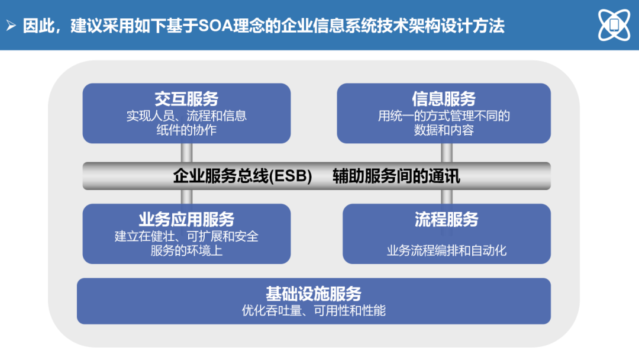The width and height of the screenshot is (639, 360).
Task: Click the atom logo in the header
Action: tap(614, 25)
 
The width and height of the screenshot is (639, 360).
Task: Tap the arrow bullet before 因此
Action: tap(11, 26)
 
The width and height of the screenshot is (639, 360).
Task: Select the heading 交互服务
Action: tap(186, 99)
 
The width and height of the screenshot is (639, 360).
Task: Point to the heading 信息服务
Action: tap(444, 99)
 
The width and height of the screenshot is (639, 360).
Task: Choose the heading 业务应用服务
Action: tap(186, 219)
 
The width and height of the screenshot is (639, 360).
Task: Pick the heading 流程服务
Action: tap(447, 219)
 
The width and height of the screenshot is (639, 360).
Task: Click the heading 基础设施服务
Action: tap(314, 294)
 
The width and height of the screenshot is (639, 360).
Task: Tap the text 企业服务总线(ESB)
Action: tap(243, 176)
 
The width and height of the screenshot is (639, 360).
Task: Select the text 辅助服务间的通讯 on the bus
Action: tap(396, 176)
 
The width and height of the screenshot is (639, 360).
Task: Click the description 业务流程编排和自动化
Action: tap(447, 250)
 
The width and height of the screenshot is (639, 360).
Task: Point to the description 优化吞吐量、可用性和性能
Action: tap(314, 311)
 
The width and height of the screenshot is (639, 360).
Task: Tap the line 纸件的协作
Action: tap(186, 130)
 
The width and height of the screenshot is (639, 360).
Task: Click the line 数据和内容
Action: tap(444, 130)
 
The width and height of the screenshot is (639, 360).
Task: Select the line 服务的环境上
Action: tap(186, 250)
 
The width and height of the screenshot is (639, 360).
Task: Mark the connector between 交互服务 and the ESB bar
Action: tap(186, 153)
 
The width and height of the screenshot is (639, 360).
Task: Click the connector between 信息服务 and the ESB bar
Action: tap(447, 153)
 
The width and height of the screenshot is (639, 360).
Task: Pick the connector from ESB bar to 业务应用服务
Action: tap(186, 197)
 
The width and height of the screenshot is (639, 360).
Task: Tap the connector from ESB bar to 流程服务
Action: tap(447, 197)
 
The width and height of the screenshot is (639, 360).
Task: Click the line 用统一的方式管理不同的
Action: tap(444, 116)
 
